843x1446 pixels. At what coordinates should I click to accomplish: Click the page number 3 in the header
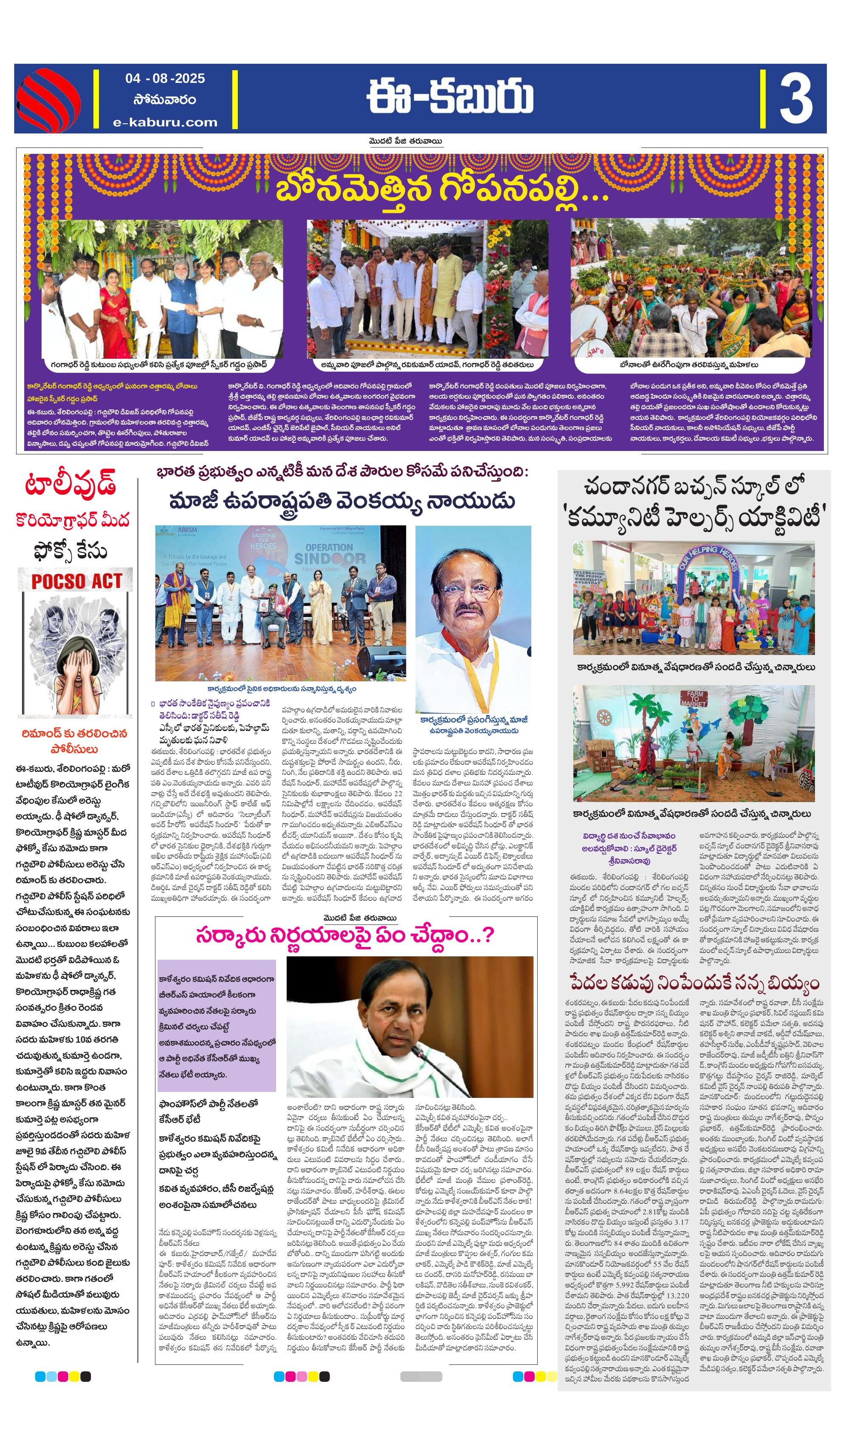[795, 99]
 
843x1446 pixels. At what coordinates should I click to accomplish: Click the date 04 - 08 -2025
[165, 78]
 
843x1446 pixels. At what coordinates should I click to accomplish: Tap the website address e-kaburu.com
[165, 122]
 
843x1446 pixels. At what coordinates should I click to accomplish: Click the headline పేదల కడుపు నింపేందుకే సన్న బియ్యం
[694, 984]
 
